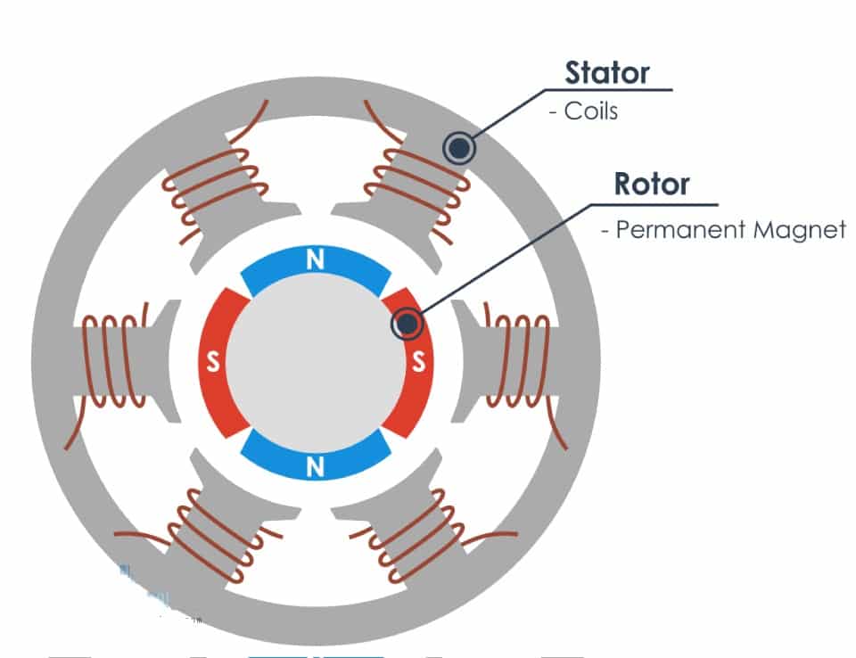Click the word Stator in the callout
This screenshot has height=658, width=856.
point(607,72)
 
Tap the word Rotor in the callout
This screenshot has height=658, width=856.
point(652,184)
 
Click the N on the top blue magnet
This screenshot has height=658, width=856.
point(315,260)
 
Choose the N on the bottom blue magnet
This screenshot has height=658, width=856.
point(315,466)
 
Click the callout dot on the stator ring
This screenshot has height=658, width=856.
point(458,148)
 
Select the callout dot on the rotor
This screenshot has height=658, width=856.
point(407,325)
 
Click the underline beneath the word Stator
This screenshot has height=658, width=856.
point(615,89)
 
